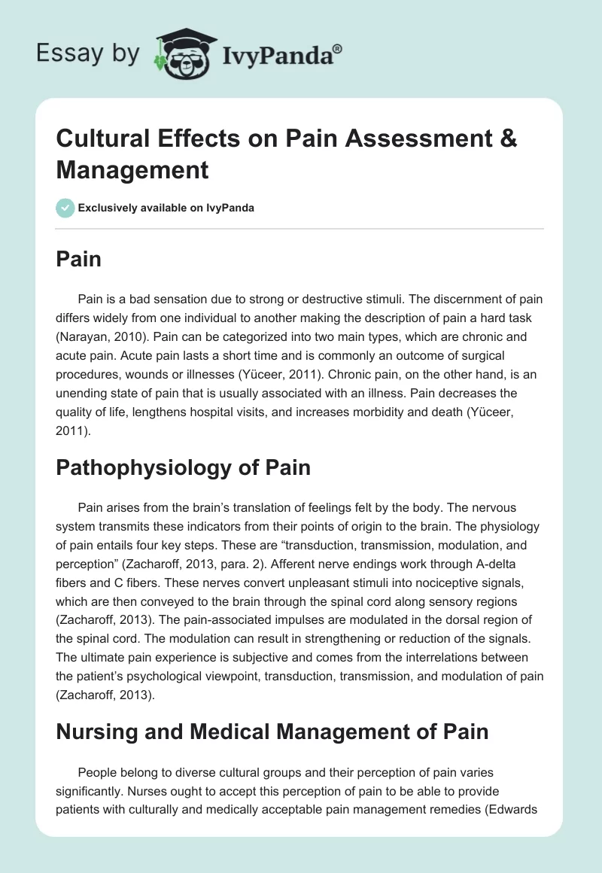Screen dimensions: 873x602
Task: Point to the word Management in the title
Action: [132, 170]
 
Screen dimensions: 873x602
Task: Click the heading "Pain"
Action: [78, 260]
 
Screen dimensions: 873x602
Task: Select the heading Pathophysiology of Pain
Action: [183, 467]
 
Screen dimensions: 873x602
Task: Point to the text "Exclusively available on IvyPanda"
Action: [166, 208]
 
